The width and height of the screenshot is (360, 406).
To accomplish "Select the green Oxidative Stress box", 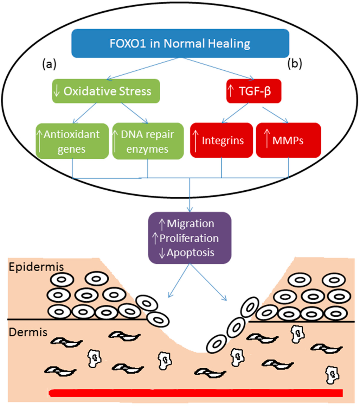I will pyautogui.click(x=106, y=91).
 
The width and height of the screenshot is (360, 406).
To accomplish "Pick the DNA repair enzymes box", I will pyautogui.click(x=147, y=141).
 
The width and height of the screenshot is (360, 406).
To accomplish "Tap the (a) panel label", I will pyautogui.click(x=49, y=64).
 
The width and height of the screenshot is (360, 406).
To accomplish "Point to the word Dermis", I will pyautogui.click(x=27, y=332).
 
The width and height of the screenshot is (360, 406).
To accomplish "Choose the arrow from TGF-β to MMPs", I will pyautogui.click(x=276, y=113).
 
